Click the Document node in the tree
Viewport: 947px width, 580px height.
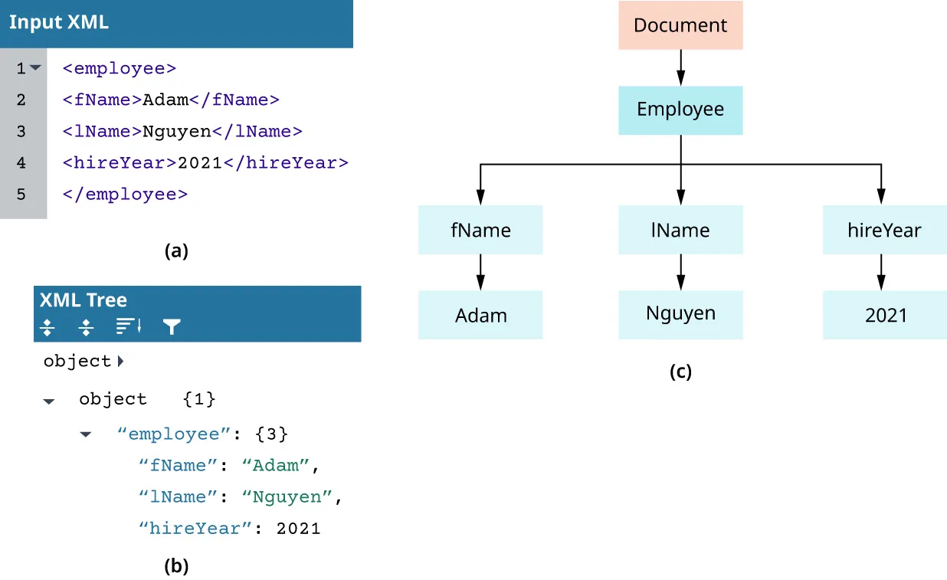[680, 25]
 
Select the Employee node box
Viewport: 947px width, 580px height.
[680, 110]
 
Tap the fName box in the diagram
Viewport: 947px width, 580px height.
[480, 230]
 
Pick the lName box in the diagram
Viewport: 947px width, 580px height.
[680, 230]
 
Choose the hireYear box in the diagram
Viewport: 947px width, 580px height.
[884, 230]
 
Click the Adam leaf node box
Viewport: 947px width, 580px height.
[480, 315]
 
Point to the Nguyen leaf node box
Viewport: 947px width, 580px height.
[680, 313]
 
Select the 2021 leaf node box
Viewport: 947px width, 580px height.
[884, 315]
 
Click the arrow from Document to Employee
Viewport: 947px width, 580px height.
[680, 67]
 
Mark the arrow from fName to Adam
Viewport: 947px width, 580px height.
[480, 271]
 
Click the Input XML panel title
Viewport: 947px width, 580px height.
[59, 23]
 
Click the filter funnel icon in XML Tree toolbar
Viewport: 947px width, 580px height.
[172, 328]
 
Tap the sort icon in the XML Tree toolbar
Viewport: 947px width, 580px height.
[128, 327]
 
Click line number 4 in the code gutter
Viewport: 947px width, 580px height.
[21, 162]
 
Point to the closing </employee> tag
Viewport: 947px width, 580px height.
[125, 195]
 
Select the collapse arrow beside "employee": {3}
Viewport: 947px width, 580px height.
[86, 434]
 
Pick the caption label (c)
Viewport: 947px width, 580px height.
[680, 372]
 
